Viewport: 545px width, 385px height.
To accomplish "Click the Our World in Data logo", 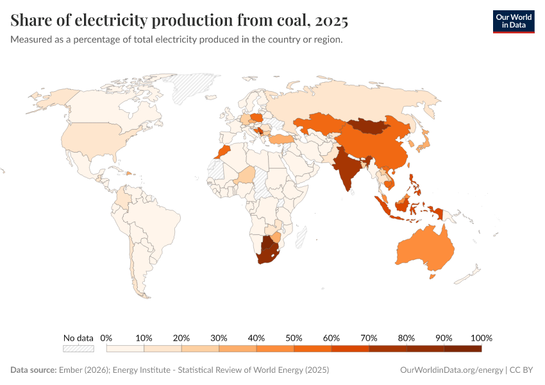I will click(x=513, y=21).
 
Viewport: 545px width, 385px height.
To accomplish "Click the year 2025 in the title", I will click(x=331, y=21).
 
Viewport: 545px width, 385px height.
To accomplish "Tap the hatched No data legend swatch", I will click(x=78, y=348).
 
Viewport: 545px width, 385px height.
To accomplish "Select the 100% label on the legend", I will click(x=481, y=338).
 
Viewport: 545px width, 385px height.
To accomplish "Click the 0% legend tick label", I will click(x=106, y=338).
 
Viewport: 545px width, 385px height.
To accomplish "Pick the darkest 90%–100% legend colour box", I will click(x=462, y=348).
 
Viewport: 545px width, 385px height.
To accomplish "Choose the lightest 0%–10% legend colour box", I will click(x=125, y=348).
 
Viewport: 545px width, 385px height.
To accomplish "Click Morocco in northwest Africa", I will click(x=222, y=152).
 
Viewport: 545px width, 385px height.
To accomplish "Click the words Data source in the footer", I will click(x=33, y=370).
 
